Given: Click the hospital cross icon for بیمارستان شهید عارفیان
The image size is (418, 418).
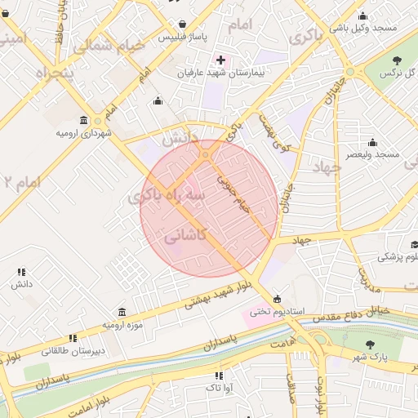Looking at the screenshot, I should pos(220,60).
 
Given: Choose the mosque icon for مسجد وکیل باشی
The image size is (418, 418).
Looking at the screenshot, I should pos(362,15).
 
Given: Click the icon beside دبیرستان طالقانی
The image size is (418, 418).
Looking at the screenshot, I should pos(73,338).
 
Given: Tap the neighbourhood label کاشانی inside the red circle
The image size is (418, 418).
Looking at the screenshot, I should pos(186,237).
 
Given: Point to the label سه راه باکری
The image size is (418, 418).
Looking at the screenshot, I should pos(169,197).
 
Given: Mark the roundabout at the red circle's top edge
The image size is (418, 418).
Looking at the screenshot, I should pos(206,153).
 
